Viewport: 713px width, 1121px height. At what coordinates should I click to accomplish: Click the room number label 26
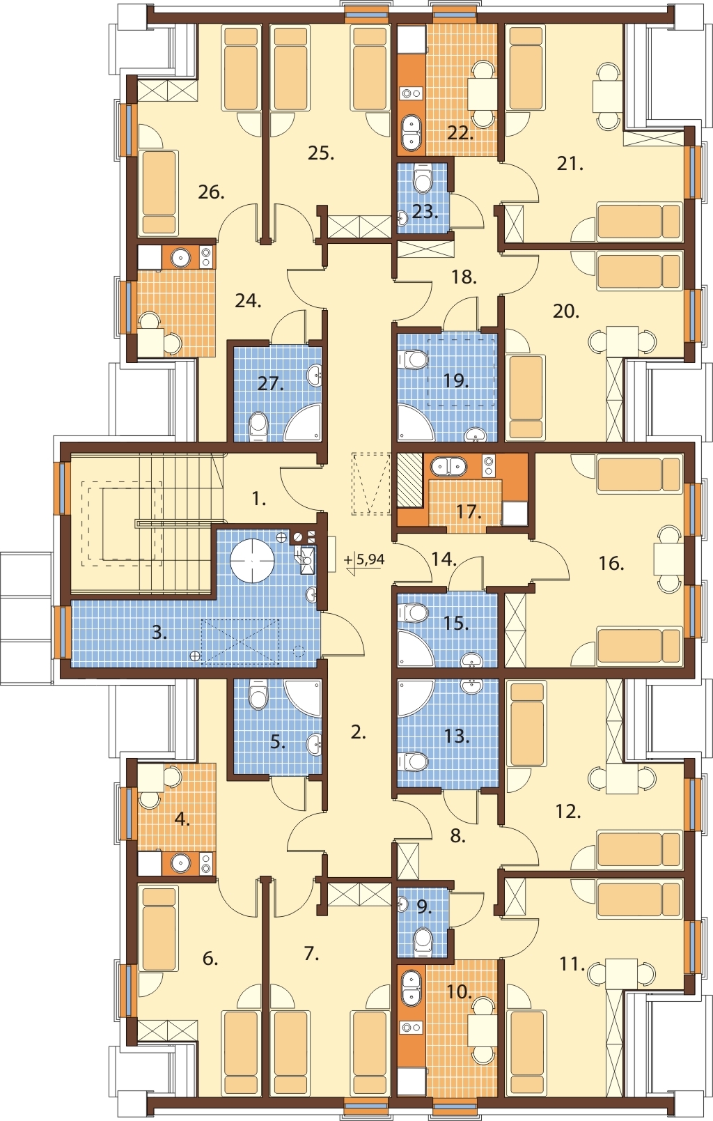[x=211, y=192]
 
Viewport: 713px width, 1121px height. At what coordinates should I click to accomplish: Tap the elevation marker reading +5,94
[x=365, y=559]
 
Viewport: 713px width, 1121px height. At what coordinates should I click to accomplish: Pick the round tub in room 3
[x=252, y=560]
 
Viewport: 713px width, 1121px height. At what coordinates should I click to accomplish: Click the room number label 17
[x=469, y=512]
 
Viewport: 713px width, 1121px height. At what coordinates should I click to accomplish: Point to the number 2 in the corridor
[x=359, y=733]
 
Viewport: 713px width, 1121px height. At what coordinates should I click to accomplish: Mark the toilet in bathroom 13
[x=413, y=763]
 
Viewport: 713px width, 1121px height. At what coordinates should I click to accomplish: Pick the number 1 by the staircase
[x=258, y=499]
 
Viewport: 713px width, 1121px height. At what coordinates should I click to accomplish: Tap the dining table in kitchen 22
[x=482, y=94]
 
